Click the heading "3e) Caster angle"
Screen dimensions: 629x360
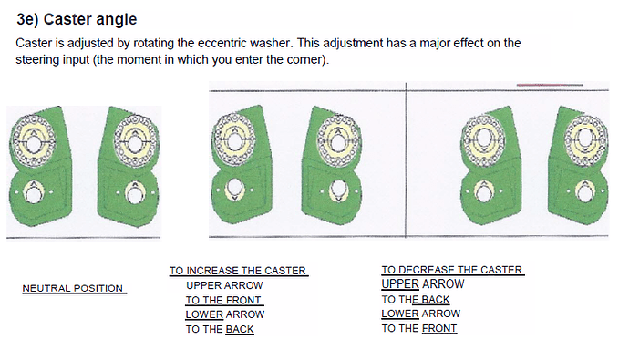(x=77, y=20)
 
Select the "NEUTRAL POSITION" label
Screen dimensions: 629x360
(x=73, y=288)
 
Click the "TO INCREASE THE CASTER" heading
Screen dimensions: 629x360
(x=238, y=271)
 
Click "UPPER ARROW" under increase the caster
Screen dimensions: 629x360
(x=224, y=285)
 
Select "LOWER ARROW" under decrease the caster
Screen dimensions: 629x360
(x=421, y=314)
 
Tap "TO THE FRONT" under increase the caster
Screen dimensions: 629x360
(x=223, y=300)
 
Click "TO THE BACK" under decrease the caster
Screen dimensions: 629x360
(x=416, y=300)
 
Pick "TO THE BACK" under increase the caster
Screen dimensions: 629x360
(x=220, y=329)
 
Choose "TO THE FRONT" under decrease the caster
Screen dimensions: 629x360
(x=418, y=328)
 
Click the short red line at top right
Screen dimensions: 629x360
(x=550, y=85)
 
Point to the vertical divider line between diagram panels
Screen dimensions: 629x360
(x=406, y=160)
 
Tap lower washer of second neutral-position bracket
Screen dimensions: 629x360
(x=134, y=193)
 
